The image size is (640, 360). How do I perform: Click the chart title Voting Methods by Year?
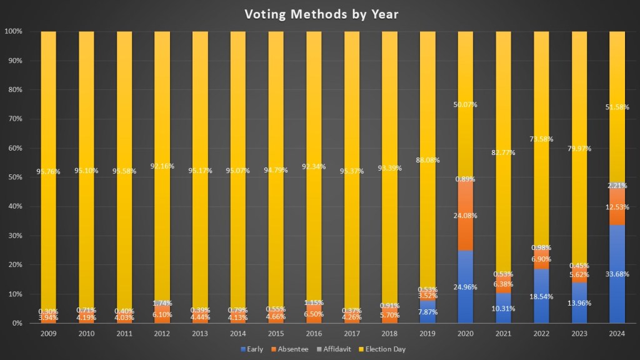tap(319, 13)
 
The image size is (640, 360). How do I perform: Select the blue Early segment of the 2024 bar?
tap(617, 294)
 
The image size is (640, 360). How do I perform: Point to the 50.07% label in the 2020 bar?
tap(465, 104)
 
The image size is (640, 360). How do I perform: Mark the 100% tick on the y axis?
tap(14, 31)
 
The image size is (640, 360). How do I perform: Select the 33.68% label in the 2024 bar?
tap(617, 274)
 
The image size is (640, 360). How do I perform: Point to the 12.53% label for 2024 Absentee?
tap(617, 207)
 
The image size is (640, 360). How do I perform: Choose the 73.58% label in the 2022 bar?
tap(541, 138)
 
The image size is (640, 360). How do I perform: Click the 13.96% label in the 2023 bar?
tap(579, 302)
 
